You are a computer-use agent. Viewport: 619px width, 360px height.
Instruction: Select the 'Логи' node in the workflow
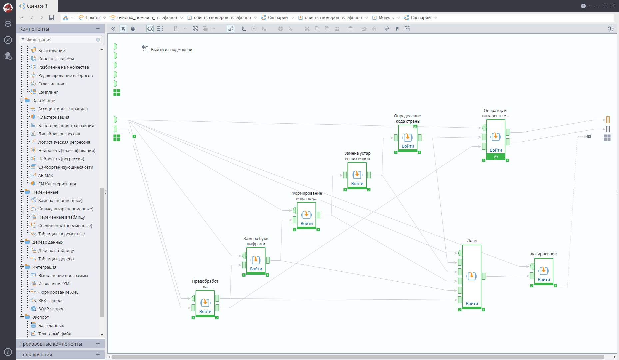click(471, 276)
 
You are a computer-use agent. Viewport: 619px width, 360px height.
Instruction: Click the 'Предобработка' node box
click(205, 303)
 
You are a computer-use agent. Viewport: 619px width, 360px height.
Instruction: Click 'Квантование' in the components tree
click(51, 50)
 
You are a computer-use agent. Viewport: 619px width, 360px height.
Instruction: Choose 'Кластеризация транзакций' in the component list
click(66, 125)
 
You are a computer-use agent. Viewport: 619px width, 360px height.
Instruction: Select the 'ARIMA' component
click(45, 175)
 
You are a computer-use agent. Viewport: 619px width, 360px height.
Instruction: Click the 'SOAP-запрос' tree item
click(51, 309)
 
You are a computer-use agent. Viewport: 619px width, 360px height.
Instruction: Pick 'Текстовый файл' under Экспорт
click(55, 334)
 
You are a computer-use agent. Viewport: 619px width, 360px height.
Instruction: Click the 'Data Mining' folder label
click(44, 100)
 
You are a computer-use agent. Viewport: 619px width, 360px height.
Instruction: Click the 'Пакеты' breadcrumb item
click(92, 18)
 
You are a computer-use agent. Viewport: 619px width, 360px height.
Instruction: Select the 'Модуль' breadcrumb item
click(386, 18)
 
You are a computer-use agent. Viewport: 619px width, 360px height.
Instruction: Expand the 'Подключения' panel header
click(36, 354)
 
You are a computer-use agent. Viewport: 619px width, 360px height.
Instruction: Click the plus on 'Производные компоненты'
click(98, 344)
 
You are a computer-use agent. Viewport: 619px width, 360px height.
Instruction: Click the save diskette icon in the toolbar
click(52, 18)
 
